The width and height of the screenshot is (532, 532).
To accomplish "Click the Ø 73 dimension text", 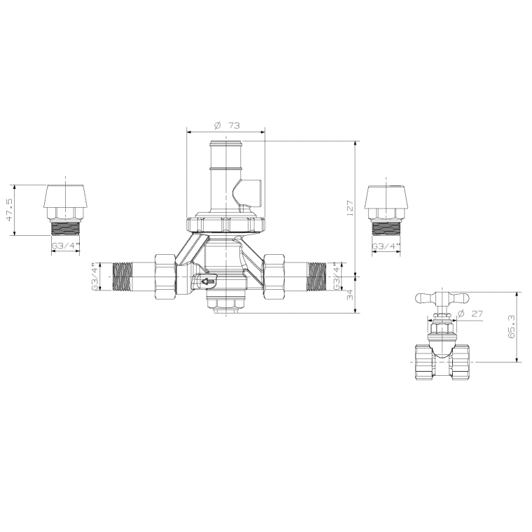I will coord(226,125).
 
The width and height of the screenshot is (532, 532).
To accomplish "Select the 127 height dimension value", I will coord(349,207).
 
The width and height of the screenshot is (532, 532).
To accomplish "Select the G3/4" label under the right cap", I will coord(386,246).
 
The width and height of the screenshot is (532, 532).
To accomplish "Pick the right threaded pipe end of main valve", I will coord(316,276).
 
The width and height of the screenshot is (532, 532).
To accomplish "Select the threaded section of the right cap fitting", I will coord(386,229).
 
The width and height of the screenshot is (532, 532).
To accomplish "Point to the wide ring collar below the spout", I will coord(225,224).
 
